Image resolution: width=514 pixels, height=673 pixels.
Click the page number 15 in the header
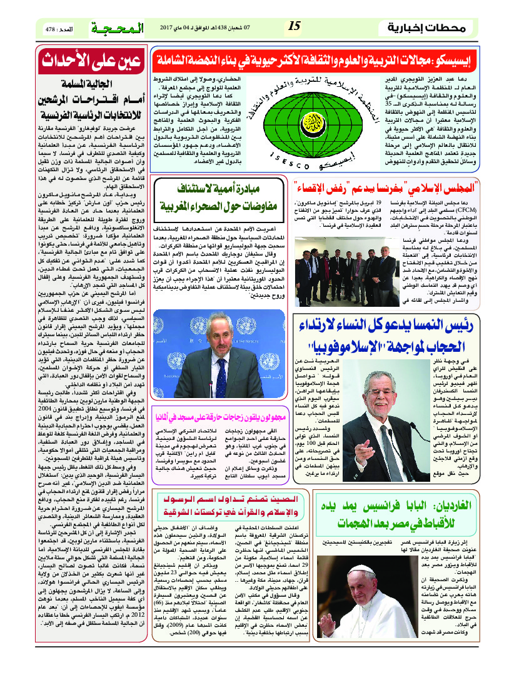[295, 27]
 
